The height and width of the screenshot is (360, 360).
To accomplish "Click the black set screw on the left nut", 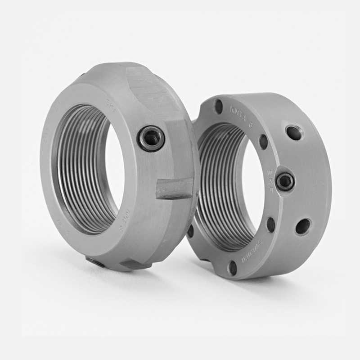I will [151, 138].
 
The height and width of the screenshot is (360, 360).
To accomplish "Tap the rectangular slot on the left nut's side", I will [175, 188].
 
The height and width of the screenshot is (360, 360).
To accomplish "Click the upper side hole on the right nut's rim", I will [294, 133].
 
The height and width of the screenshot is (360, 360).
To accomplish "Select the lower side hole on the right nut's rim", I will [303, 226].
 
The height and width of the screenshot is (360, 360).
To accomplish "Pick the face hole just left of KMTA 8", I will [219, 107].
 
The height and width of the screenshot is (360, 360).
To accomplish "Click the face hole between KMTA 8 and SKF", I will [263, 142].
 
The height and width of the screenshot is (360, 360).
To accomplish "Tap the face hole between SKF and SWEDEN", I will [271, 224].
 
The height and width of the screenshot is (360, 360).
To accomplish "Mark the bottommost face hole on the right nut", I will [232, 268].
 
